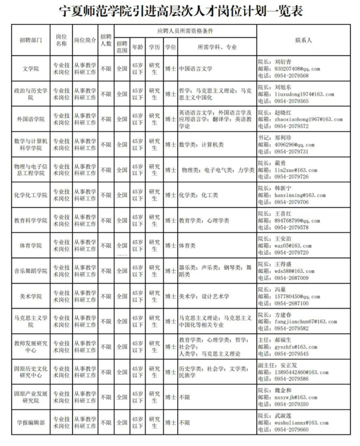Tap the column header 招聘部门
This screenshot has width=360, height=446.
tap(31, 40)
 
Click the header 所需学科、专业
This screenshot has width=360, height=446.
tap(217, 47)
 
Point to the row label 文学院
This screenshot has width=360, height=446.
tap(31, 69)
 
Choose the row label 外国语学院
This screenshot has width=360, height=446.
tap(31, 119)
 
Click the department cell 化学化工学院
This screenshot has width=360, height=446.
tap(31, 195)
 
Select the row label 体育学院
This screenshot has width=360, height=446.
tap(31, 245)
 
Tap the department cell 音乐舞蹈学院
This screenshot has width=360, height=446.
tap(31, 271)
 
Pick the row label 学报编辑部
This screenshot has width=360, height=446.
tap(31, 423)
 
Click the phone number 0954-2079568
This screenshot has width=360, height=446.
tap(289, 76)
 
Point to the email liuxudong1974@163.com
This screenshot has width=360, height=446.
tap(302, 94)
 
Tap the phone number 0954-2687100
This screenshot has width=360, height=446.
tap(289, 303)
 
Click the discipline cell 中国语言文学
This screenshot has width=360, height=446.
tap(196, 69)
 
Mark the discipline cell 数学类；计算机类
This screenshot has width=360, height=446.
tap(201, 144)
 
